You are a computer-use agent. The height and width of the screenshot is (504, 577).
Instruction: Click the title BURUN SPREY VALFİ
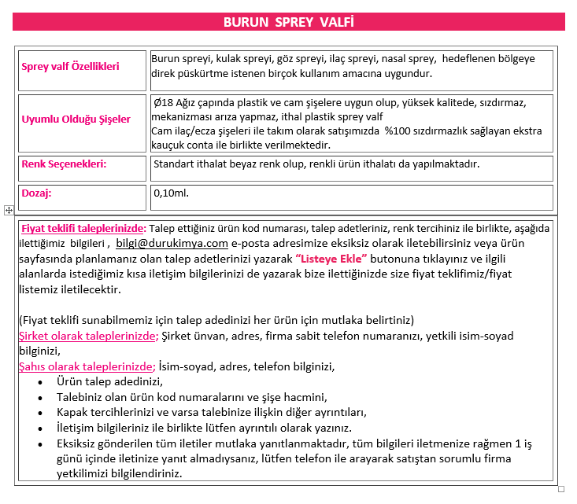pyautogui.click(x=288, y=22)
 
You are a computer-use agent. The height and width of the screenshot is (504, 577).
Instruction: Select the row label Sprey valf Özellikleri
pyautogui.click(x=70, y=67)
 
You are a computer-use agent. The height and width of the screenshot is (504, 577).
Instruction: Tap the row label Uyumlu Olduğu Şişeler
pyautogui.click(x=76, y=120)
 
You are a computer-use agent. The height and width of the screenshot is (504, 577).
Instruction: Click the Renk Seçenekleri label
pyautogui.click(x=64, y=164)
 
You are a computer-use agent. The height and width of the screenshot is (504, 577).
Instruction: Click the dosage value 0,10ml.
pyautogui.click(x=172, y=192)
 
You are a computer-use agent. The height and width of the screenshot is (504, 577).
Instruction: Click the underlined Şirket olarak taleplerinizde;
pyautogui.click(x=88, y=336)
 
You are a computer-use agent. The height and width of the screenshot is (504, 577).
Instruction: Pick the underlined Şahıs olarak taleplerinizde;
pyautogui.click(x=87, y=366)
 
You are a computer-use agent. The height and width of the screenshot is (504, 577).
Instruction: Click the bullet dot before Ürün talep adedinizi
pyautogui.click(x=40, y=382)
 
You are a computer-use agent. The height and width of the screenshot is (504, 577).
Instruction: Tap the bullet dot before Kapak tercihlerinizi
pyautogui.click(x=40, y=413)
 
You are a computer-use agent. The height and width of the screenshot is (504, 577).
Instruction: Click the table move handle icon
pyautogui.click(x=8, y=210)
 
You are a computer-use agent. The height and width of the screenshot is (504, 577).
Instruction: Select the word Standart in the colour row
pyautogui.click(x=176, y=164)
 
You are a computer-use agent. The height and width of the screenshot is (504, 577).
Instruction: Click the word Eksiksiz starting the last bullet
pyautogui.click(x=80, y=443)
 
